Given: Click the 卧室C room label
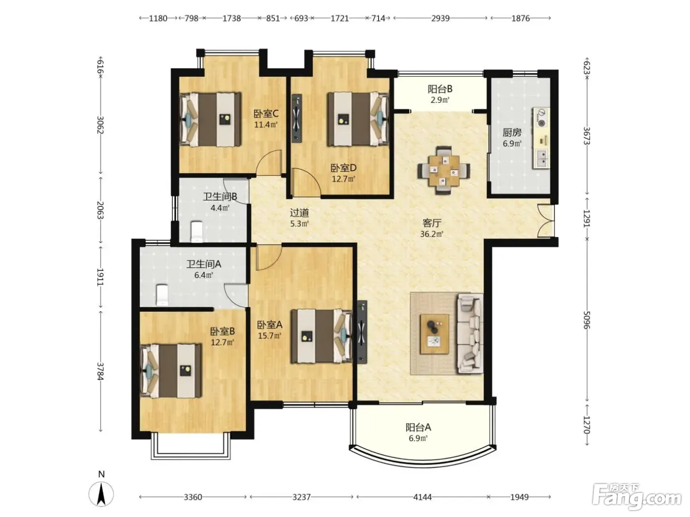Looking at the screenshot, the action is [266, 113].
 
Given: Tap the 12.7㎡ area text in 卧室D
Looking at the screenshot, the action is [344, 179].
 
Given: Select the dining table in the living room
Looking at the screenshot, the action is [444, 170].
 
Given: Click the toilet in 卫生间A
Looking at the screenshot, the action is [162, 295].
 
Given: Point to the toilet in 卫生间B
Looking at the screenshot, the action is [197, 231].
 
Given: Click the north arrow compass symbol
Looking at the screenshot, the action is [101, 494].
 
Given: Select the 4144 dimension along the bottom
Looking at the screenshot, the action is [422, 497].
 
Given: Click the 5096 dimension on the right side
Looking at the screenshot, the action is [586, 320].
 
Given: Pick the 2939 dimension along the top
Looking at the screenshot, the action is [440, 18].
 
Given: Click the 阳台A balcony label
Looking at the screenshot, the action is [418, 427].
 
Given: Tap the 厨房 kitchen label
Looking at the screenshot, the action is [512, 133].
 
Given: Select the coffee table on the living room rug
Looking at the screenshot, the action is [435, 334].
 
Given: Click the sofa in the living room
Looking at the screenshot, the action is [470, 333].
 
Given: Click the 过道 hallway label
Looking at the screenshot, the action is [299, 213].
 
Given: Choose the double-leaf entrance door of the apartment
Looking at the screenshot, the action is [546, 221].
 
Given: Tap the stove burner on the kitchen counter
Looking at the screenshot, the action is [541, 123].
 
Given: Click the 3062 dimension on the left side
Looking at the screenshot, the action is [100, 125].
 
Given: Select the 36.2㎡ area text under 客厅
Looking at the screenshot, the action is [432, 234].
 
